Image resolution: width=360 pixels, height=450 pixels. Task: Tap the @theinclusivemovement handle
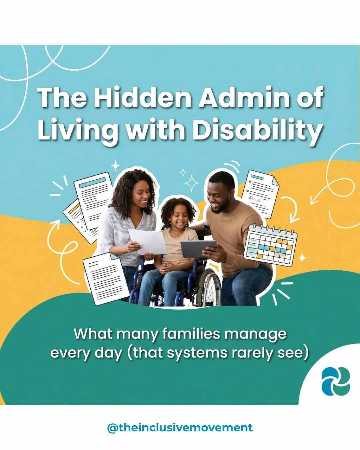[x=180, y=428]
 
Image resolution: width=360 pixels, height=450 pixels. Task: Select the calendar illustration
[x=271, y=245]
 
